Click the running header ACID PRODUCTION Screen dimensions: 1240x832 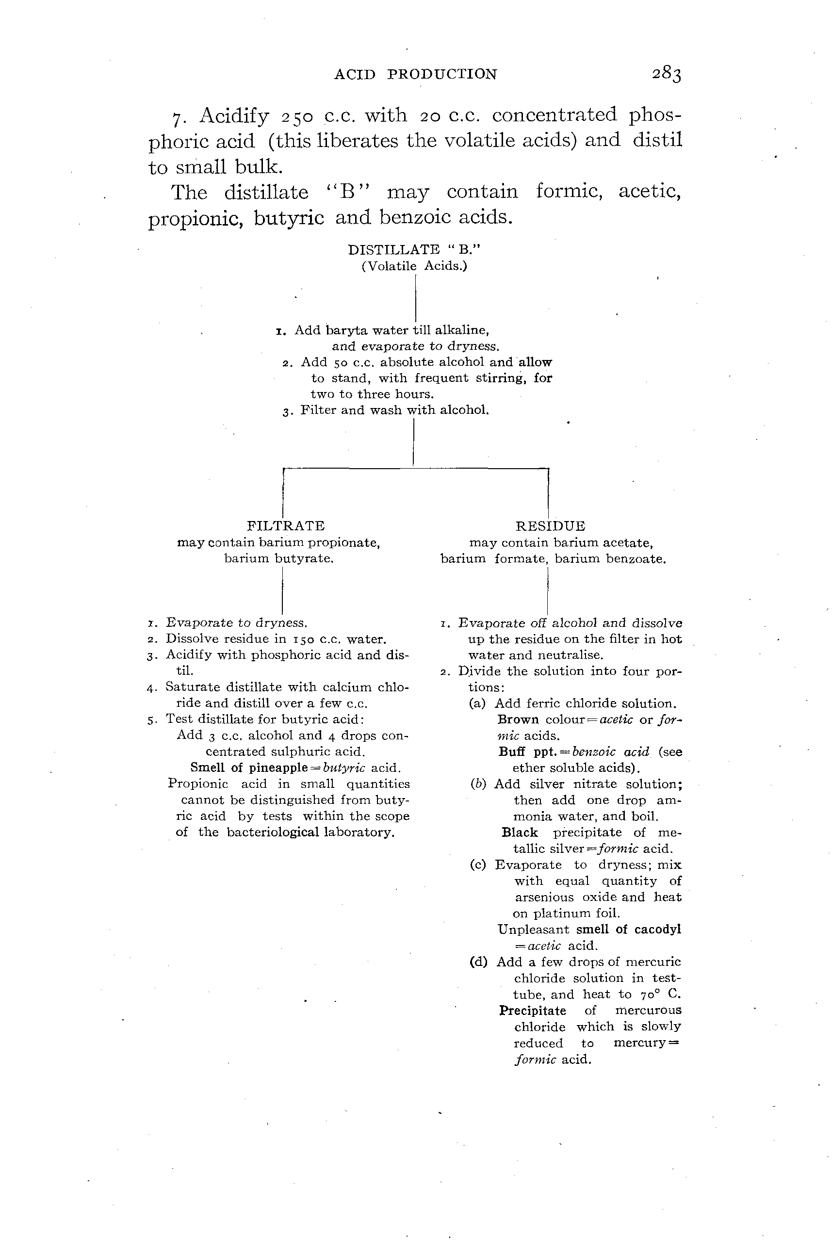tap(415, 74)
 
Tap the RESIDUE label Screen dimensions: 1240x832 tap(550, 526)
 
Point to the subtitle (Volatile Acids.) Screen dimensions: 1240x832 tap(414, 266)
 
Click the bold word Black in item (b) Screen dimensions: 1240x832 tap(520, 832)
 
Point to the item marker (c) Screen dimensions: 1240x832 tap(477, 865)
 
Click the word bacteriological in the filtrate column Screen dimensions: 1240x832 tap(273, 832)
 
